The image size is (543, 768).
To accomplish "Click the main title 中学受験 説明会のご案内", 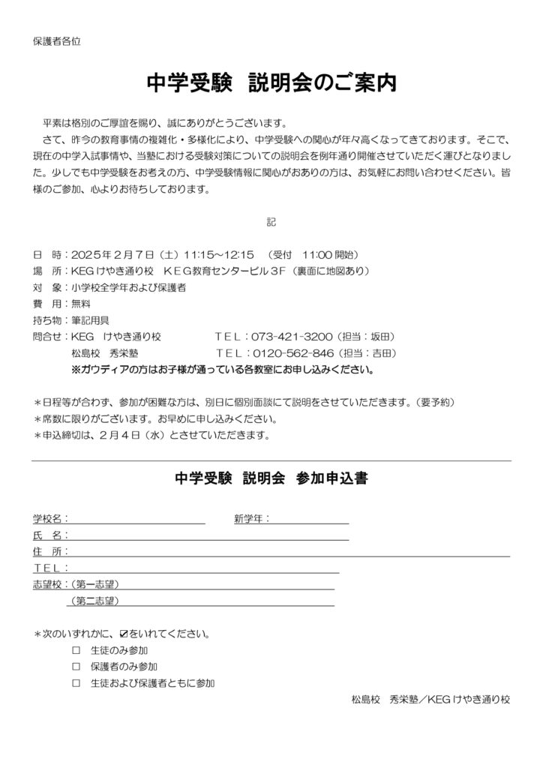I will pyautogui.click(x=271, y=83).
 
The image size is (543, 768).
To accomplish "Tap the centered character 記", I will pyautogui.click(x=271, y=222).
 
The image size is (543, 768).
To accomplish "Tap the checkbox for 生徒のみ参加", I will pyautogui.click(x=76, y=649).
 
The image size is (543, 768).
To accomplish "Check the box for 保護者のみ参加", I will pyautogui.click(x=76, y=666).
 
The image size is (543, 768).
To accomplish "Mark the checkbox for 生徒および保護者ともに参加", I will pyautogui.click(x=76, y=682).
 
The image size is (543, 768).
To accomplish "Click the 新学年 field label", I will pyautogui.click(x=251, y=518).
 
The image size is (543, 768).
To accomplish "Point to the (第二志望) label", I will pyautogui.click(x=94, y=601).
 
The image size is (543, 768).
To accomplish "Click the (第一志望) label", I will pyautogui.click(x=94, y=584).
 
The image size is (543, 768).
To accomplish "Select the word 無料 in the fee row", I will pyautogui.click(x=80, y=304).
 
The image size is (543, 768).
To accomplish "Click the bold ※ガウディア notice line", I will pyautogui.click(x=223, y=370).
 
